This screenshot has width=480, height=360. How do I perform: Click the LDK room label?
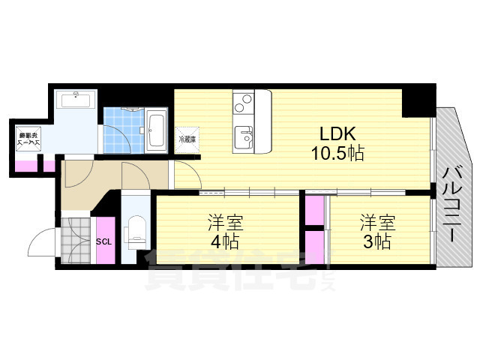click(x=337, y=135)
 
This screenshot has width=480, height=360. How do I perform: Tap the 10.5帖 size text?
click(x=337, y=154)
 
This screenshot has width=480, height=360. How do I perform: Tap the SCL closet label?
click(x=104, y=241)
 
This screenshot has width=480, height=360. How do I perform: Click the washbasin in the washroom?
click(x=76, y=100)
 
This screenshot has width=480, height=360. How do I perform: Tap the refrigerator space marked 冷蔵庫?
click(x=187, y=139)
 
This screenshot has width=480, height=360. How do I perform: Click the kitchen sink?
click(x=244, y=137)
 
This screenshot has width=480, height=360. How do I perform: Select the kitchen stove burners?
click(x=244, y=101)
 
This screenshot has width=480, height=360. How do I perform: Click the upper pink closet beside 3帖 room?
click(x=314, y=209)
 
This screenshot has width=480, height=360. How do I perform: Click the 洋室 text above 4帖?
click(x=224, y=222)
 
